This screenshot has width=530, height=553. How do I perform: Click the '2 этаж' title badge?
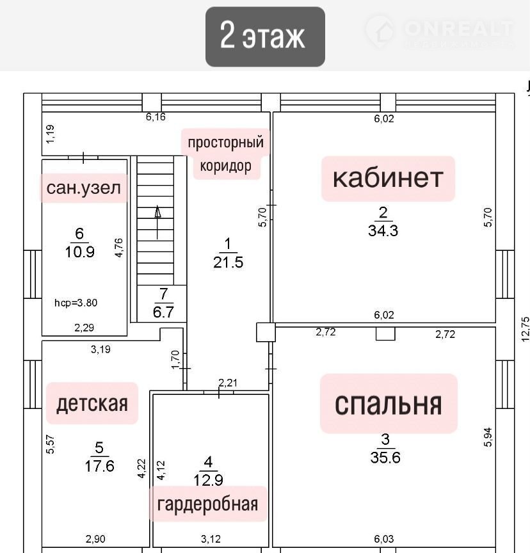(x=265, y=36)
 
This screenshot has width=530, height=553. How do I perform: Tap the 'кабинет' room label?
(x=388, y=179)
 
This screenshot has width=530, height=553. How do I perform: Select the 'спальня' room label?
(x=389, y=403)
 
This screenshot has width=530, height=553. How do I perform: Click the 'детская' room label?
(x=92, y=403)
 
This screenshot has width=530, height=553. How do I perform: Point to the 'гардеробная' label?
(x=207, y=504)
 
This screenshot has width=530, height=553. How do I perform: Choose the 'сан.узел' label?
(x=84, y=188)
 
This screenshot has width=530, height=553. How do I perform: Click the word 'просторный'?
(x=226, y=143)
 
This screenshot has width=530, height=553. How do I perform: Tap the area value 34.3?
(x=383, y=230)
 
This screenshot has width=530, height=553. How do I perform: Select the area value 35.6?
(x=385, y=458)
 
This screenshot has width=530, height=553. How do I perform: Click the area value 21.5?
(x=228, y=262)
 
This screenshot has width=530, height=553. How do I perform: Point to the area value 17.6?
(x=99, y=466)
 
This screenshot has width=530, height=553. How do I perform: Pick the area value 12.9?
(x=209, y=480)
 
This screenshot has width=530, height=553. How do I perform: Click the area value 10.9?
(x=80, y=252)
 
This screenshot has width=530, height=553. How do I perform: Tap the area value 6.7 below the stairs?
(x=163, y=312)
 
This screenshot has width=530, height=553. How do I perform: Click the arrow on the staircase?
(x=157, y=223)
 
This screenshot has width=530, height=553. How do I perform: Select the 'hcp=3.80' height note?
(x=76, y=303)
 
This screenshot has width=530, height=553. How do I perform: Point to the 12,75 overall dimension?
(x=525, y=330)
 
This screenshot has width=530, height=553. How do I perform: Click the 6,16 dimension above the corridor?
(x=156, y=116)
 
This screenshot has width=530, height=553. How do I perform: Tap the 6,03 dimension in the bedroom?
(x=384, y=539)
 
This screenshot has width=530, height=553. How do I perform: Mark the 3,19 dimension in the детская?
(x=100, y=349)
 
